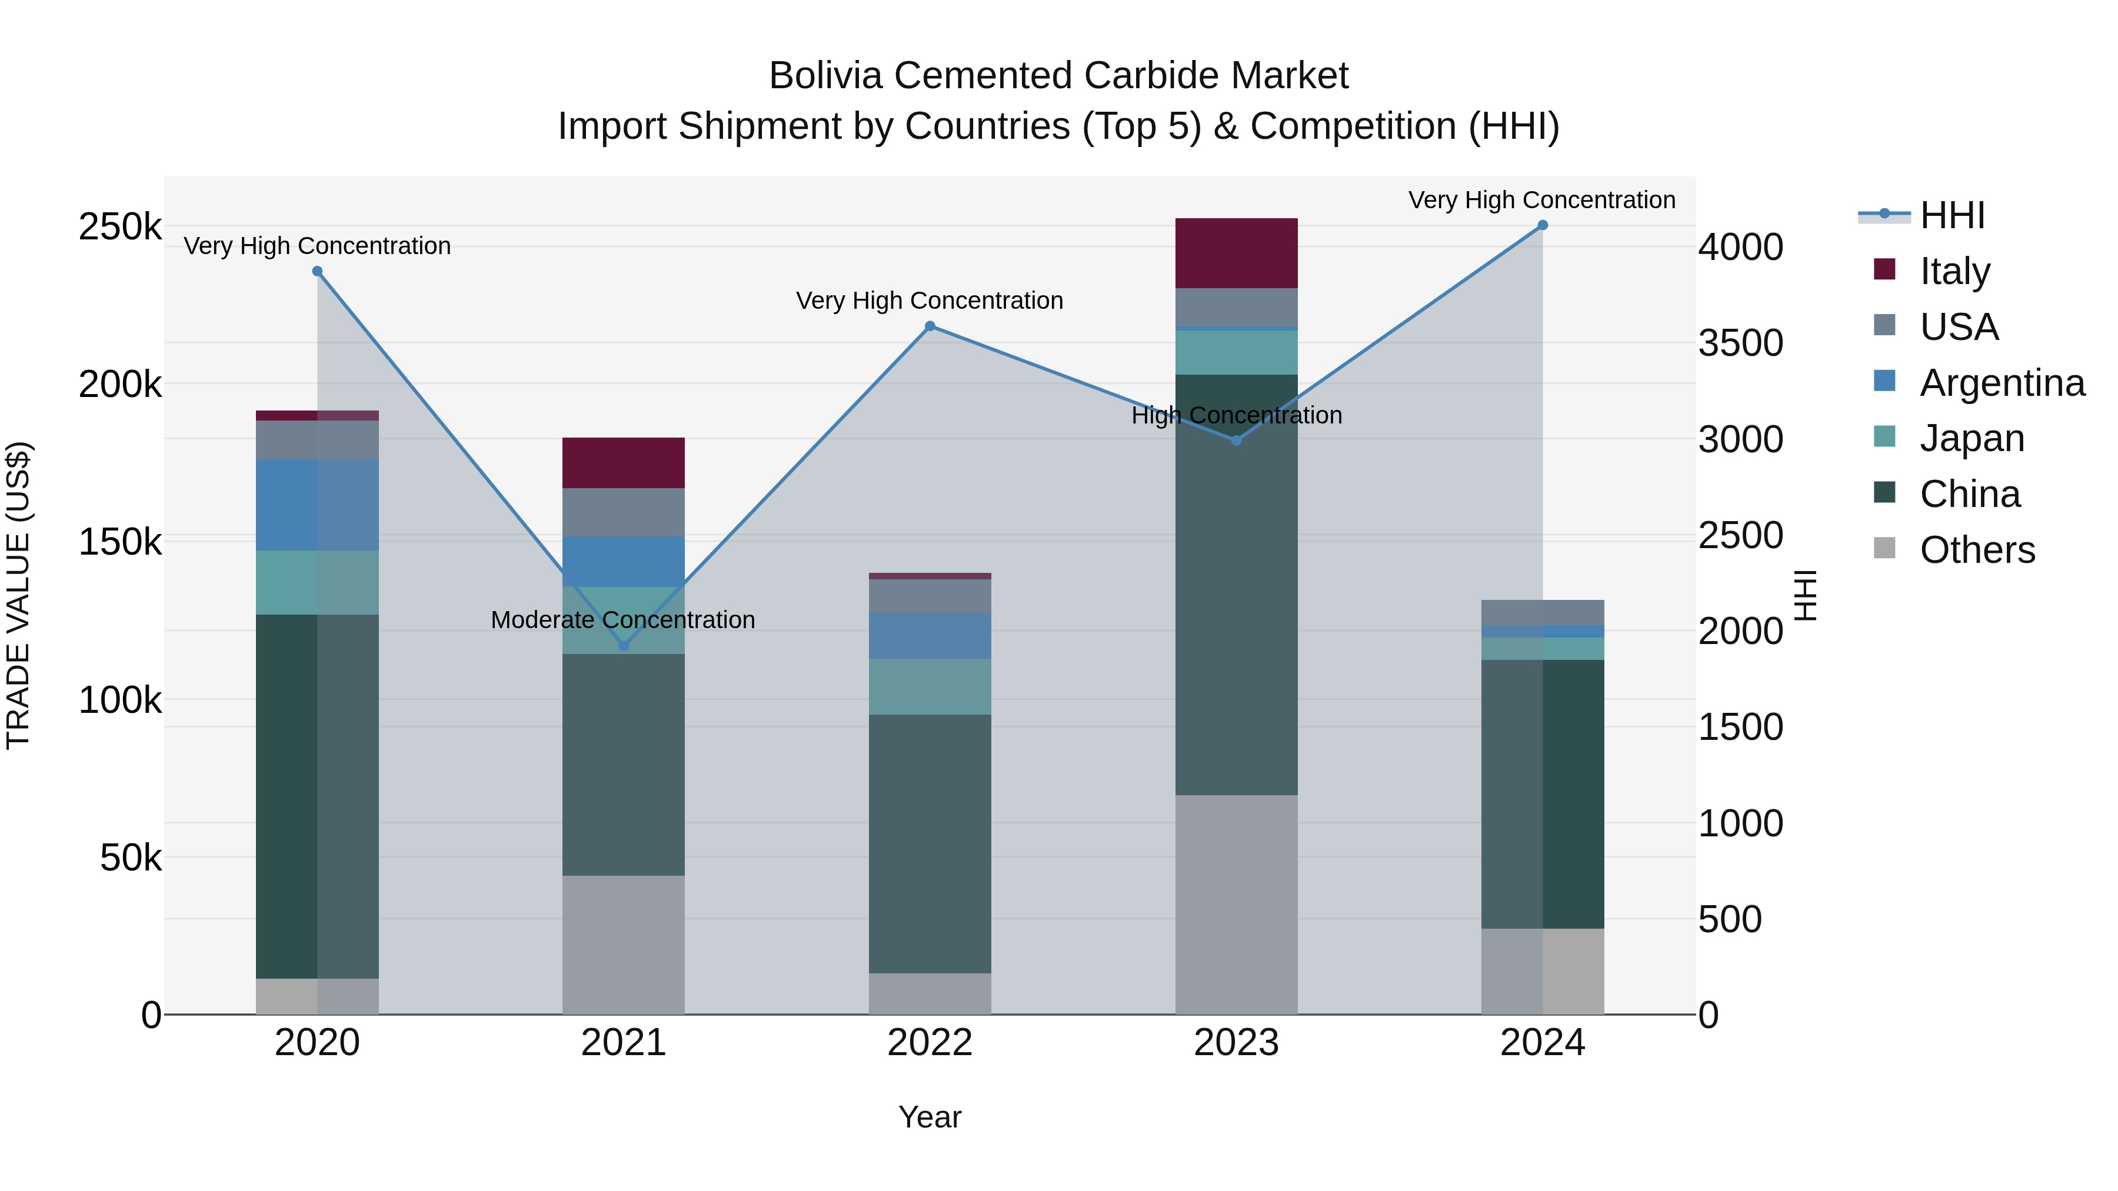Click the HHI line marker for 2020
click(x=317, y=271)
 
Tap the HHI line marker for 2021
click(x=623, y=646)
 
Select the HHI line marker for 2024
click(x=1543, y=225)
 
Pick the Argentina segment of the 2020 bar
click(x=317, y=505)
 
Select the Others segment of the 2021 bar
click(x=623, y=945)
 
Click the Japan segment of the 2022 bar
click(x=930, y=686)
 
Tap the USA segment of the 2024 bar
click(x=1543, y=612)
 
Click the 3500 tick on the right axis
click(x=1741, y=343)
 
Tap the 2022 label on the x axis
click(x=930, y=1043)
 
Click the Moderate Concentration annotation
click(x=622, y=620)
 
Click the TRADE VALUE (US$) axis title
click(x=18, y=595)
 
